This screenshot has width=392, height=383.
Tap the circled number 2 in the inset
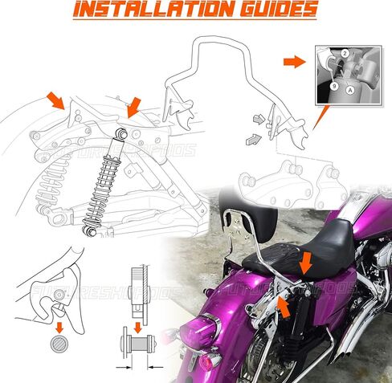click(x=345, y=52)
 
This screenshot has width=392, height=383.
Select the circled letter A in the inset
click(x=349, y=91)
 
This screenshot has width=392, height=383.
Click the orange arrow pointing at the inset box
click(x=296, y=61)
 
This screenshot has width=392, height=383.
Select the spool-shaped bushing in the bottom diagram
click(x=137, y=350)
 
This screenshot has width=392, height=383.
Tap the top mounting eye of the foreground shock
click(x=121, y=130)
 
